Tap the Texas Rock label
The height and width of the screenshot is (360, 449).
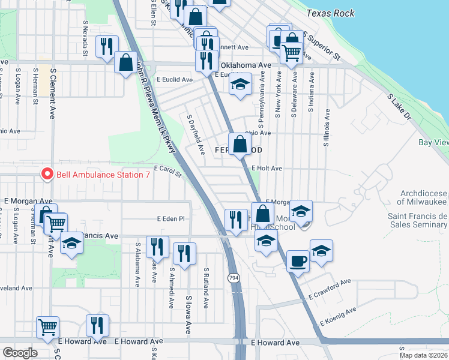click(x=330, y=13)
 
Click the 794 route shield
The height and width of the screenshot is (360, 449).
click(x=234, y=277)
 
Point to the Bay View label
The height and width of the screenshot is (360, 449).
click(x=433, y=142)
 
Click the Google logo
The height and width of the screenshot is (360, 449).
click(x=20, y=352)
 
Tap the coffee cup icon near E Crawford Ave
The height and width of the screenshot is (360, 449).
click(x=298, y=261)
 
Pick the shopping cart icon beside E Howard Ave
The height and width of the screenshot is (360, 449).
click(x=47, y=327)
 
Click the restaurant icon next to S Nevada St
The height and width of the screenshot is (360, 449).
click(x=107, y=46)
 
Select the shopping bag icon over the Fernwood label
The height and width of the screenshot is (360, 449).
click(x=240, y=144)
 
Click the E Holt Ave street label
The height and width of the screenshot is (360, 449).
click(x=267, y=169)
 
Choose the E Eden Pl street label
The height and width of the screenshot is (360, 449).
click(x=170, y=219)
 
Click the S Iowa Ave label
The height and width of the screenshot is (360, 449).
click(x=188, y=314)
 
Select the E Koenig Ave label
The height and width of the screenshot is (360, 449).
click(x=338, y=316)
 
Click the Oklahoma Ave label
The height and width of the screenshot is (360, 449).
click(x=246, y=65)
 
